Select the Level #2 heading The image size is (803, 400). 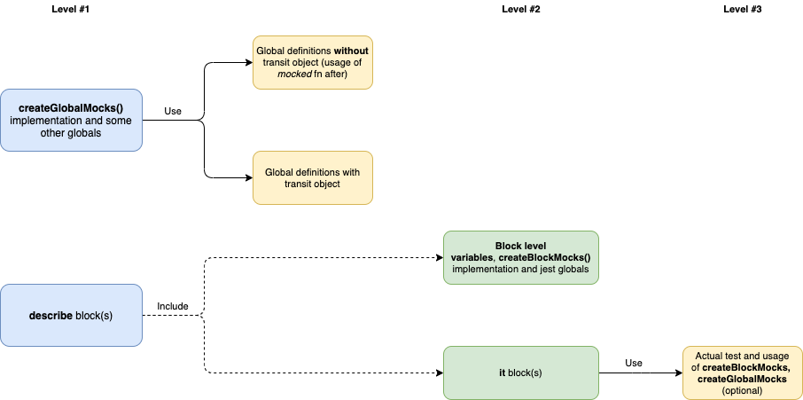coord(520,10)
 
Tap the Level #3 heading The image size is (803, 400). coord(742,10)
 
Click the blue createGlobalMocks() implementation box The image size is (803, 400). coord(72,120)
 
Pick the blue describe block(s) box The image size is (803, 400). coord(72,315)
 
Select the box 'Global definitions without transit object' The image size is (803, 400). coord(312,63)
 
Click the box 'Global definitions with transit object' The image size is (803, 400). coord(312,177)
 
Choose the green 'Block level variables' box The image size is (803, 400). coord(520,257)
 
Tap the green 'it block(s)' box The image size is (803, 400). coord(520,373)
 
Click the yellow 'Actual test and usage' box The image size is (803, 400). coord(742,373)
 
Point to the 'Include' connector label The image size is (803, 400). coord(173,306)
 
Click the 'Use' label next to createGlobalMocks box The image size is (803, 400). coord(173,112)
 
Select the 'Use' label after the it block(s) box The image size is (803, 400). coord(633,363)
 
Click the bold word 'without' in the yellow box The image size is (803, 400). coord(352,51)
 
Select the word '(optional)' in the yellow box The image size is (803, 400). coord(742,390)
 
